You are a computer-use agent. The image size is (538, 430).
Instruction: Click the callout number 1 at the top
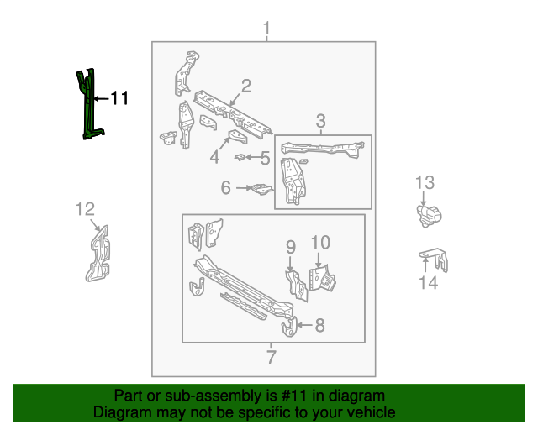[266, 31]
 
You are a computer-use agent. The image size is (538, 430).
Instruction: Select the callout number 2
[246, 86]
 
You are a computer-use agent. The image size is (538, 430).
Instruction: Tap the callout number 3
[321, 123]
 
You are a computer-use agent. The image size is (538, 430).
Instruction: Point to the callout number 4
[215, 157]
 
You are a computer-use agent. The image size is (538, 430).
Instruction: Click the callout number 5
[264, 157]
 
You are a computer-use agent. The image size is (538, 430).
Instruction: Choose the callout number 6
[226, 188]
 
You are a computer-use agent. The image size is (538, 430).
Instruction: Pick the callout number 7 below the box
[271, 357]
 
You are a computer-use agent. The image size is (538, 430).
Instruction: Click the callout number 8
[319, 325]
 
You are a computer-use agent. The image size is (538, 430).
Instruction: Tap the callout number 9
[291, 246]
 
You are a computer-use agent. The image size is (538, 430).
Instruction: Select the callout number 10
[320, 243]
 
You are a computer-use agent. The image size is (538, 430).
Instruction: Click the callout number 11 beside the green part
[119, 98]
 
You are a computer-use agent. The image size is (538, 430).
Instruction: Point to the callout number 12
[86, 209]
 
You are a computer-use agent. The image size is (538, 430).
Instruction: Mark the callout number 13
[425, 182]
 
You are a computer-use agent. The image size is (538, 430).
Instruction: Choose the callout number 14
[428, 283]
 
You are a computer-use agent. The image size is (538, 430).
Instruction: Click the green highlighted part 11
[87, 105]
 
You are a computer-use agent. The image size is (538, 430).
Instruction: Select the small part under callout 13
[428, 214]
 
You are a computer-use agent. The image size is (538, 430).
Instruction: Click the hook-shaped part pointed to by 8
[288, 326]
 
